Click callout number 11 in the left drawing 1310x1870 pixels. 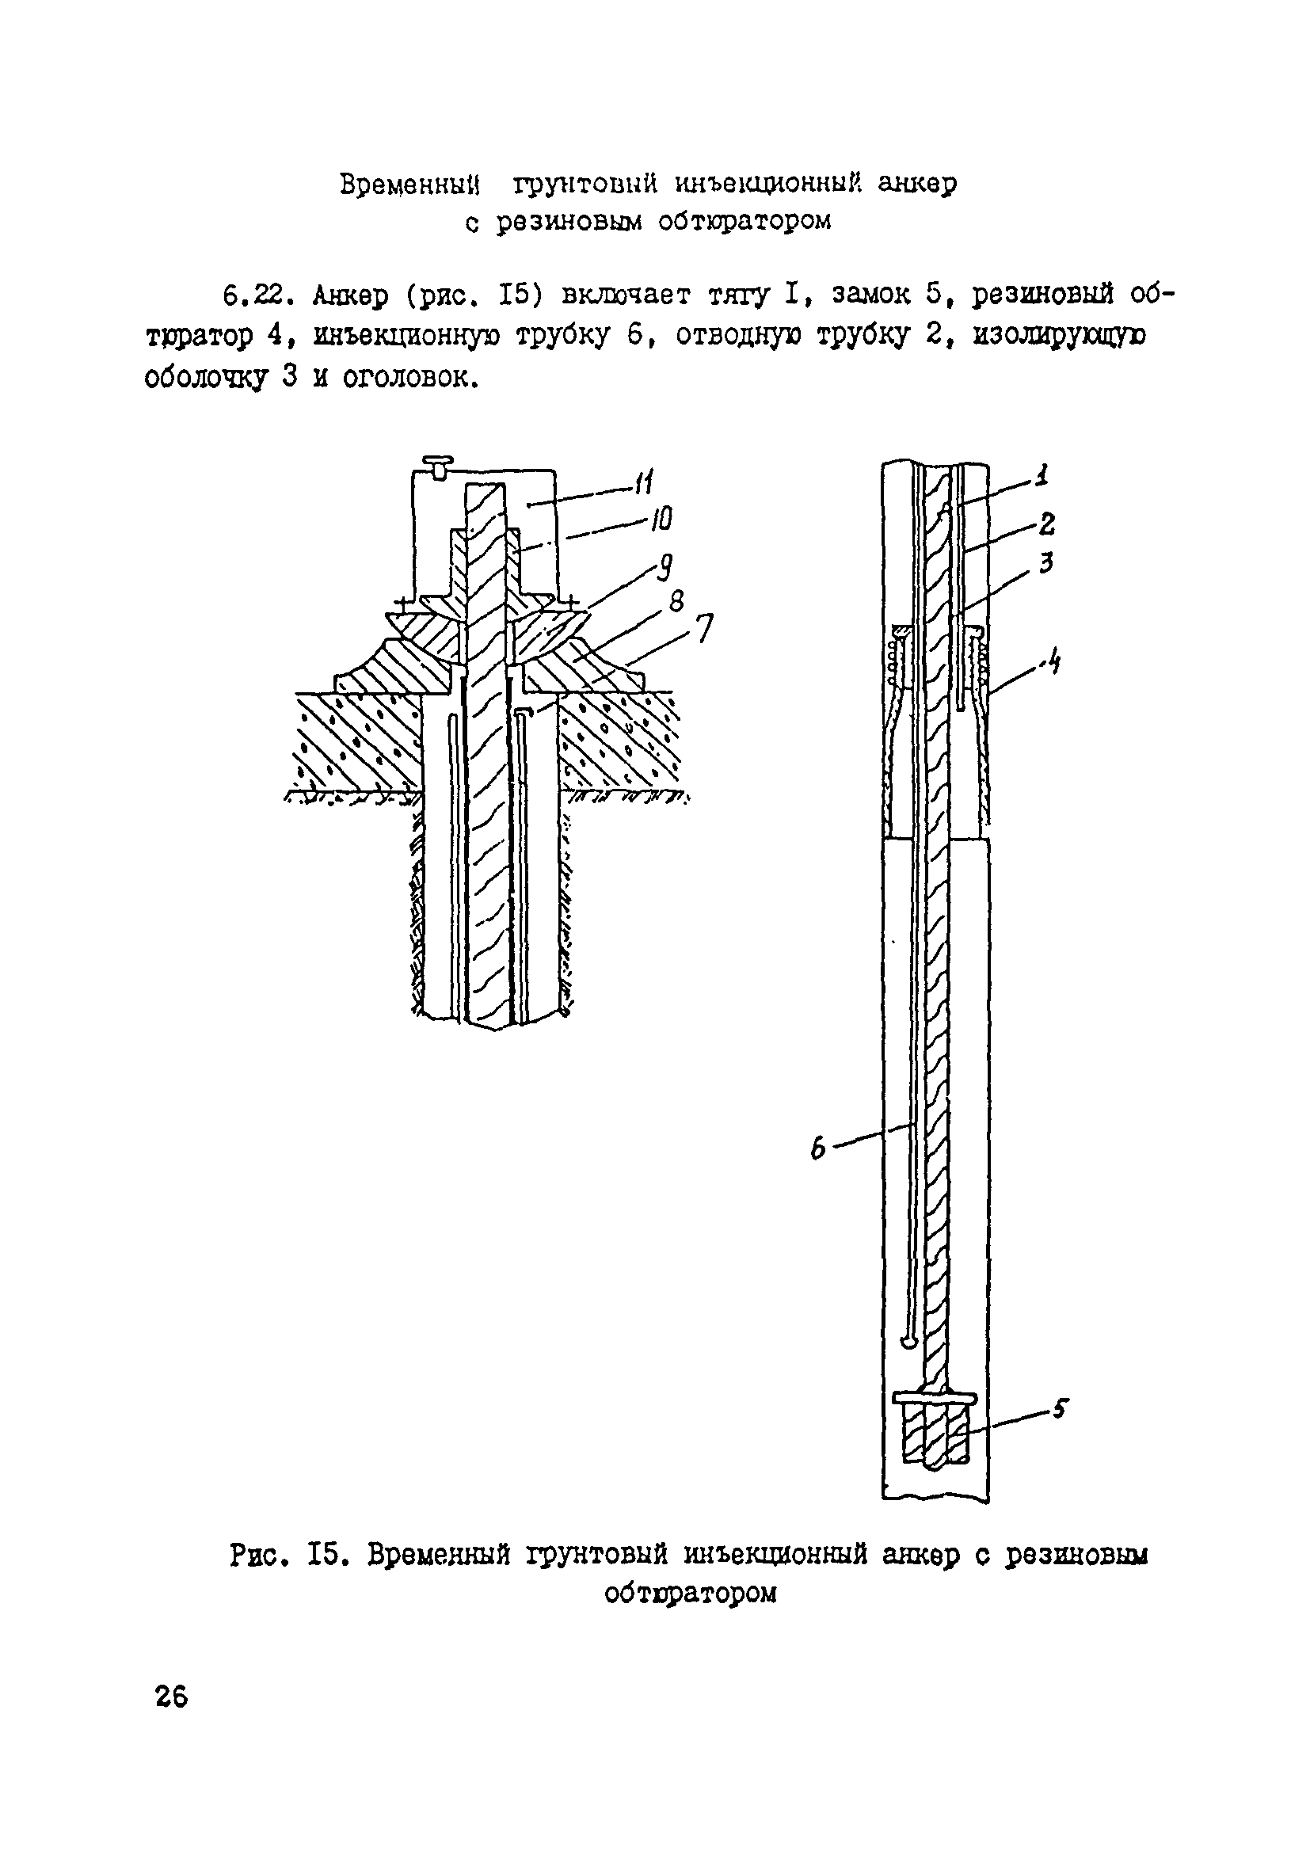point(644,484)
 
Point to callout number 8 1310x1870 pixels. point(677,602)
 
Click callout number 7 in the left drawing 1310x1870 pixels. point(704,628)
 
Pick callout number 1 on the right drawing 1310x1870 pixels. point(1041,475)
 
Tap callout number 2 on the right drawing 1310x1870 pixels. point(1047,522)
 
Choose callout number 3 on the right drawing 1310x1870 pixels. point(1047,562)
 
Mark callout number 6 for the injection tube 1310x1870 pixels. point(818,1149)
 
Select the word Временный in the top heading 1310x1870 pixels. point(409,184)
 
